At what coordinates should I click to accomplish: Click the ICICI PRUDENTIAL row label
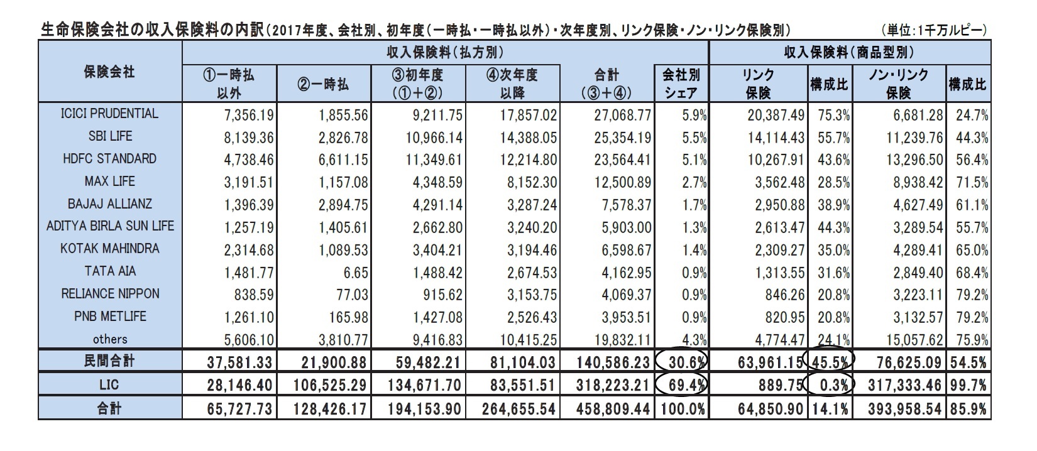[110, 114]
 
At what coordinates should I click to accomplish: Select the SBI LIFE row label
[110, 136]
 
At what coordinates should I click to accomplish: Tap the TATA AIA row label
[110, 271]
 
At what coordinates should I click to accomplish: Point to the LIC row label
[110, 384]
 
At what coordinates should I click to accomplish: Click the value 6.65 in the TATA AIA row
[355, 272]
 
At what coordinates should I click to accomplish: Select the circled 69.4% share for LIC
[682, 384]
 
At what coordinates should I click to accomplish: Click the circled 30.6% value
[682, 361]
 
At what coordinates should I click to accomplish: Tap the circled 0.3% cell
[830, 384]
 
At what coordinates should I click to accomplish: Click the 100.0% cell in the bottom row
[682, 409]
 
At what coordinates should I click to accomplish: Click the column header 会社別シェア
[681, 84]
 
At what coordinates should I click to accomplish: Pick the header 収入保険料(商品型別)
[850, 52]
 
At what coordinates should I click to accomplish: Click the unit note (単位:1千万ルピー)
[935, 30]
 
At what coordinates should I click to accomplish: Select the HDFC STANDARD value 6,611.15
[342, 160]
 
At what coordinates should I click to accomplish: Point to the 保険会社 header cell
[110, 72]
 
